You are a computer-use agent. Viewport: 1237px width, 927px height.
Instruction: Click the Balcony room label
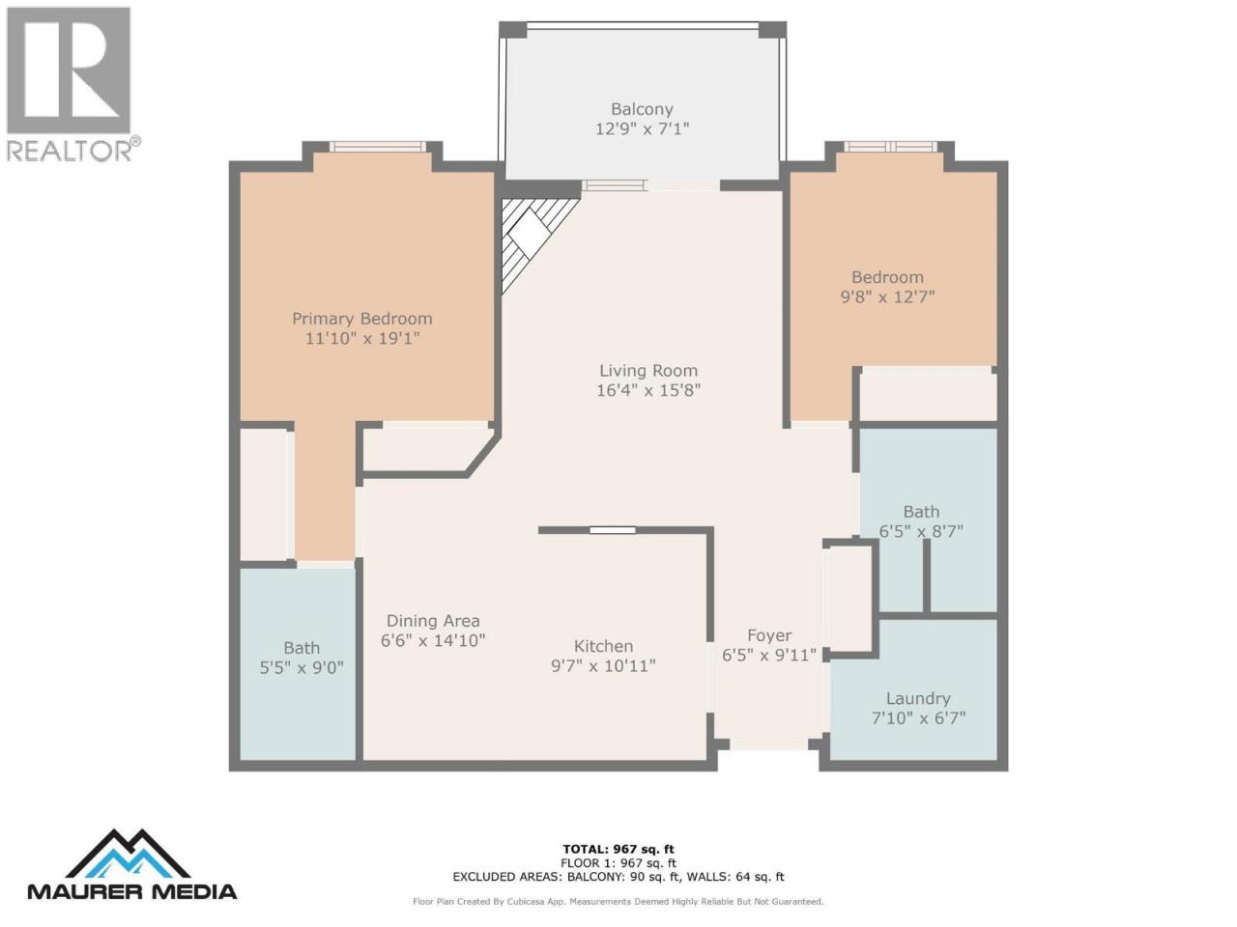click(642, 108)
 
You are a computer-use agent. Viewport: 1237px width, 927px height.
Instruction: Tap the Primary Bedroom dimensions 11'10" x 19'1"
click(362, 338)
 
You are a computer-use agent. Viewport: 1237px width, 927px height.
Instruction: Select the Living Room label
click(648, 371)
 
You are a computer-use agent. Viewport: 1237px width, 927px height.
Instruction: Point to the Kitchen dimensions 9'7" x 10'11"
click(603, 666)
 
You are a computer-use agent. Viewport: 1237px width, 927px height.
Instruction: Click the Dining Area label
click(433, 621)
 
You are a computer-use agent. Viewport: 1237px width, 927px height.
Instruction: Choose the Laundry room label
click(918, 698)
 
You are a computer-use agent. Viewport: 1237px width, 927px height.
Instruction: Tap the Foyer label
click(769, 635)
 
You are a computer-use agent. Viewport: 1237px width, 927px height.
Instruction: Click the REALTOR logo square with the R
click(69, 70)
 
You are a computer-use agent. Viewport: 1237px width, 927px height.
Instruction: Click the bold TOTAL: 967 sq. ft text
click(618, 850)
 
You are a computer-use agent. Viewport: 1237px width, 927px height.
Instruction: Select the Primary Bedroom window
click(378, 147)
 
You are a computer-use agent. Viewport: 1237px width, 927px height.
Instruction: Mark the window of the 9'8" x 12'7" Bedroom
click(890, 147)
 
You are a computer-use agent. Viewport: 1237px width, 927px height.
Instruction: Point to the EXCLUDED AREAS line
click(618, 877)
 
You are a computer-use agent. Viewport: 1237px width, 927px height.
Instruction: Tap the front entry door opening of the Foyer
click(768, 744)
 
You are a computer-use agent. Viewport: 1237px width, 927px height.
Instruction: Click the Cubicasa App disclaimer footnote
click(618, 902)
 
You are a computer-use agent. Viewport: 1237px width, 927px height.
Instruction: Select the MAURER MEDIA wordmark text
click(132, 891)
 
